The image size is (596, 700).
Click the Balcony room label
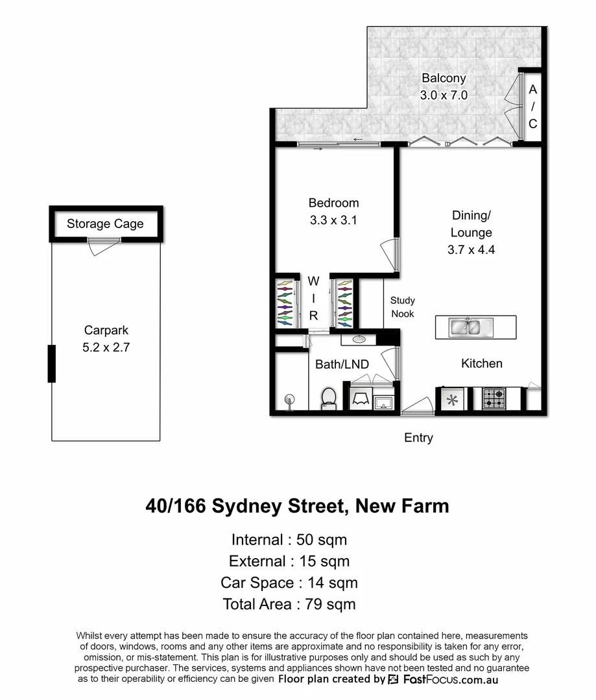tap(444, 78)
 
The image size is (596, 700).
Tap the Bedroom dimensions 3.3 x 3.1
tap(333, 220)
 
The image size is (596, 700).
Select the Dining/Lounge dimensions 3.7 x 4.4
tap(471, 250)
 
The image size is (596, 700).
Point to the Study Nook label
tap(402, 307)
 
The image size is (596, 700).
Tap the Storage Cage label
tap(105, 224)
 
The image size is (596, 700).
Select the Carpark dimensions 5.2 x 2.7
tap(106, 347)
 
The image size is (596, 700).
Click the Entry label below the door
tap(418, 438)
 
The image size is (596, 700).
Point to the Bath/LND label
tap(342, 365)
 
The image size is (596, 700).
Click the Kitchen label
tap(482, 364)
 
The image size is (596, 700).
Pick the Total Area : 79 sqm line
tap(289, 604)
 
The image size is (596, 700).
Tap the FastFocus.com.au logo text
tap(450, 680)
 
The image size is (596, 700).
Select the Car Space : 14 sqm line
tap(289, 583)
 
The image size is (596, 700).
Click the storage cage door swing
tap(102, 246)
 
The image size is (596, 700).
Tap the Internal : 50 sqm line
tap(289, 539)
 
